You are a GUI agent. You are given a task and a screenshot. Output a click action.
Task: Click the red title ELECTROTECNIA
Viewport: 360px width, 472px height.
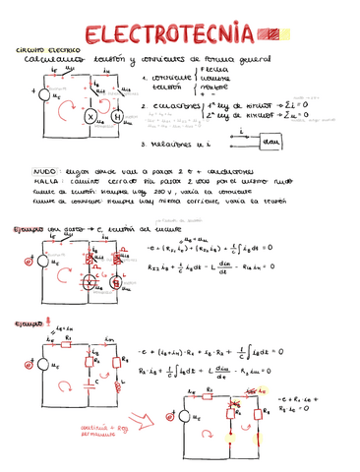click(166, 35)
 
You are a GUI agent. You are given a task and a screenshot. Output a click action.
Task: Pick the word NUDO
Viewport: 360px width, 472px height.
click(44, 168)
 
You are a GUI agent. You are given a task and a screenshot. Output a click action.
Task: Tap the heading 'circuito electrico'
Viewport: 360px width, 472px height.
click(38, 49)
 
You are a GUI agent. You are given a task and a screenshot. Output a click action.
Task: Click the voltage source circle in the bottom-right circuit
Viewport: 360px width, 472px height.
click(182, 416)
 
